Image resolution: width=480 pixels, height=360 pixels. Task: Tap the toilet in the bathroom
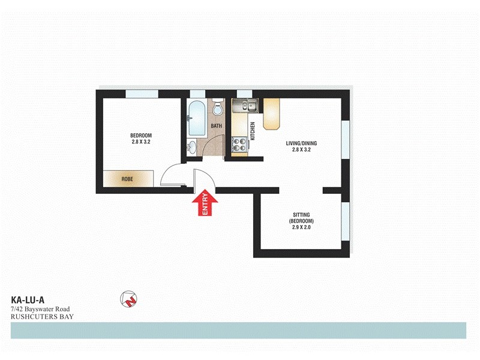(218, 109)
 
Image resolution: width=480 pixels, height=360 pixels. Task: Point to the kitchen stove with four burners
(239, 144)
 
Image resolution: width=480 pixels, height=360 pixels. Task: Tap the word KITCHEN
(253, 131)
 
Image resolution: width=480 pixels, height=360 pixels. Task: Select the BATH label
(216, 126)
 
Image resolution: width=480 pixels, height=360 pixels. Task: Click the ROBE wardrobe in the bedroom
(127, 179)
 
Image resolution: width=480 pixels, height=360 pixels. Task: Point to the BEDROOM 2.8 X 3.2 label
(141, 138)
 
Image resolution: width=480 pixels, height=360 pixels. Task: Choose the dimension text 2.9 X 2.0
(301, 228)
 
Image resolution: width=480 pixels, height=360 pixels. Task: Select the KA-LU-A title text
(28, 300)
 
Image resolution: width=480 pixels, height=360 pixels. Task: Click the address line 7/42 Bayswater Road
(41, 308)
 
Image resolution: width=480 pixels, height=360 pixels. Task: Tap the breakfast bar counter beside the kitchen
(272, 114)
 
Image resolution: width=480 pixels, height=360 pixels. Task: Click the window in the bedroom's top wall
(142, 93)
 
